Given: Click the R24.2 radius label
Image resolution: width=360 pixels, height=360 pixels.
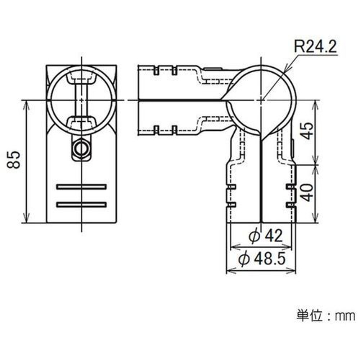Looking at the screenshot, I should click(x=316, y=46).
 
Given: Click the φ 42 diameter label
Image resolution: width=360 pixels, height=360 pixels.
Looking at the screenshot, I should click(x=266, y=236).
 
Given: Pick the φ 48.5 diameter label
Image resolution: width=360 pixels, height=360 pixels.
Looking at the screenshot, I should click(x=262, y=258).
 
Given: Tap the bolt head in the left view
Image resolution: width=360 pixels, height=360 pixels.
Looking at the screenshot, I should click(x=81, y=148).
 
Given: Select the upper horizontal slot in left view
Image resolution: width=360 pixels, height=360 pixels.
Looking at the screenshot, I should click(x=81, y=186).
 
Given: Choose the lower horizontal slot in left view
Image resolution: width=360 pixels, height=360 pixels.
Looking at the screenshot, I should click(x=81, y=204).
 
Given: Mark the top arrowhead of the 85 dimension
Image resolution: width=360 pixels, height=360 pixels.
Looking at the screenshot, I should click(x=26, y=102).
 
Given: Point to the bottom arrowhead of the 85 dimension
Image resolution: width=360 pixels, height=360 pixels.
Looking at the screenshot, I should click(x=26, y=220).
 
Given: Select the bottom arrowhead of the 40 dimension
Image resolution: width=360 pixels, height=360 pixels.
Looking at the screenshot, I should click(x=316, y=220).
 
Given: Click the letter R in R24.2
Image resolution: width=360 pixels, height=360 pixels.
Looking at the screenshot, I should click(x=299, y=46).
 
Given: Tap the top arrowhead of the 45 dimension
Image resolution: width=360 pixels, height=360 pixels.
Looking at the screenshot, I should click(x=316, y=102).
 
